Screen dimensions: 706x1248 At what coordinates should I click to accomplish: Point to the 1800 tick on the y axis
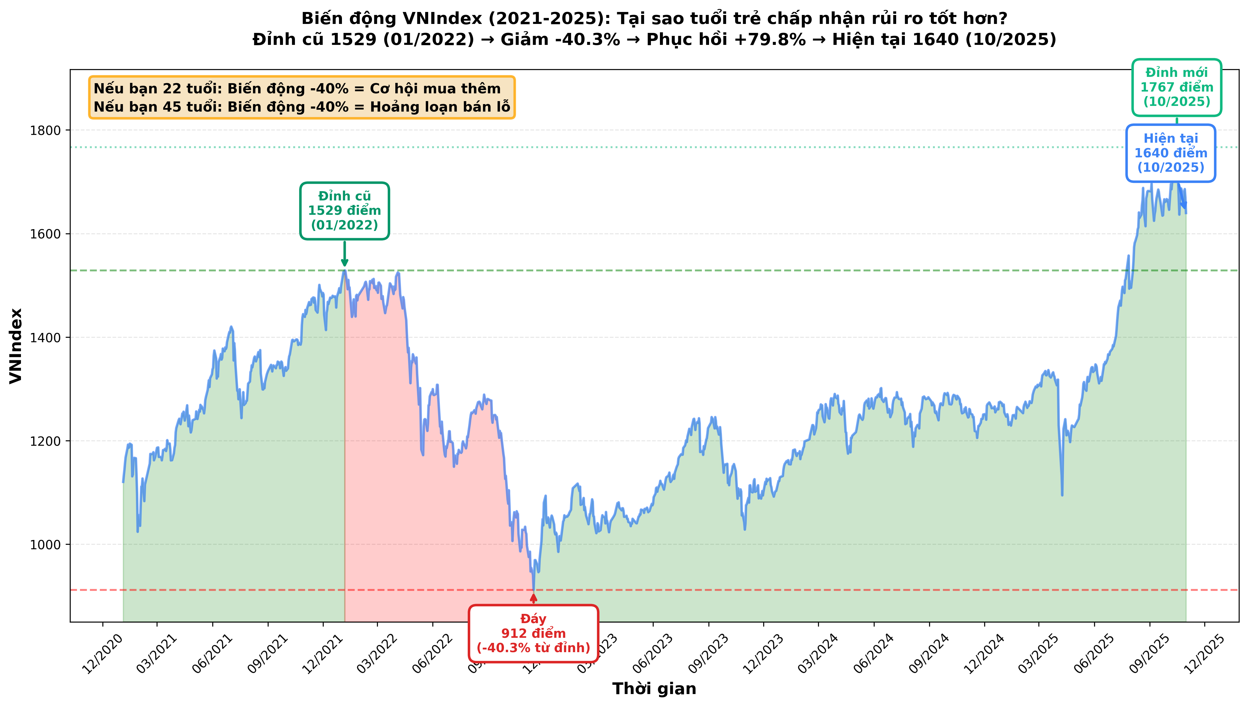click(x=45, y=130)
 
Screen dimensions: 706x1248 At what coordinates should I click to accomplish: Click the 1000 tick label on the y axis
click(x=45, y=544)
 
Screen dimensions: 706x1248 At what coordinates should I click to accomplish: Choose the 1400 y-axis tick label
click(x=45, y=337)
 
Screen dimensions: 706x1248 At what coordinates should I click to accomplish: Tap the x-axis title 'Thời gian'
click(x=654, y=689)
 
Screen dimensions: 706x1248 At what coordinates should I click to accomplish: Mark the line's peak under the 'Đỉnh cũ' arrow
click(x=345, y=270)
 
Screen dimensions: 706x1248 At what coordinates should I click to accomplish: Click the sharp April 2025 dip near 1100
click(x=1062, y=494)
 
